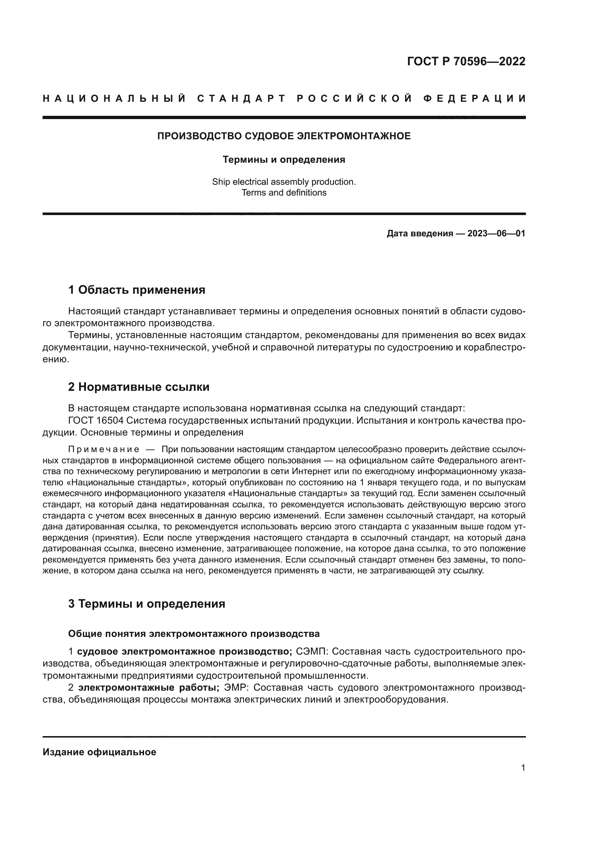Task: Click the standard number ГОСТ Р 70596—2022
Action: click(466, 61)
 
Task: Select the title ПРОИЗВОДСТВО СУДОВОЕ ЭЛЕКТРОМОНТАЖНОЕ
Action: click(284, 136)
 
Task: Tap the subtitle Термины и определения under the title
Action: click(284, 160)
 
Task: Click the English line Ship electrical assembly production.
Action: click(284, 182)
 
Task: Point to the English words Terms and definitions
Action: click(284, 193)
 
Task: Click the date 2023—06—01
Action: click(496, 233)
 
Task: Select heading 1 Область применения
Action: click(136, 290)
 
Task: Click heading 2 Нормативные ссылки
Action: click(139, 387)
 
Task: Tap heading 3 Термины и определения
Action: click(147, 604)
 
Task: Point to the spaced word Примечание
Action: click(104, 450)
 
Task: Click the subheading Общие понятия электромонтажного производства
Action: click(194, 634)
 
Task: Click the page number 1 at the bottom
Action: click(523, 768)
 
